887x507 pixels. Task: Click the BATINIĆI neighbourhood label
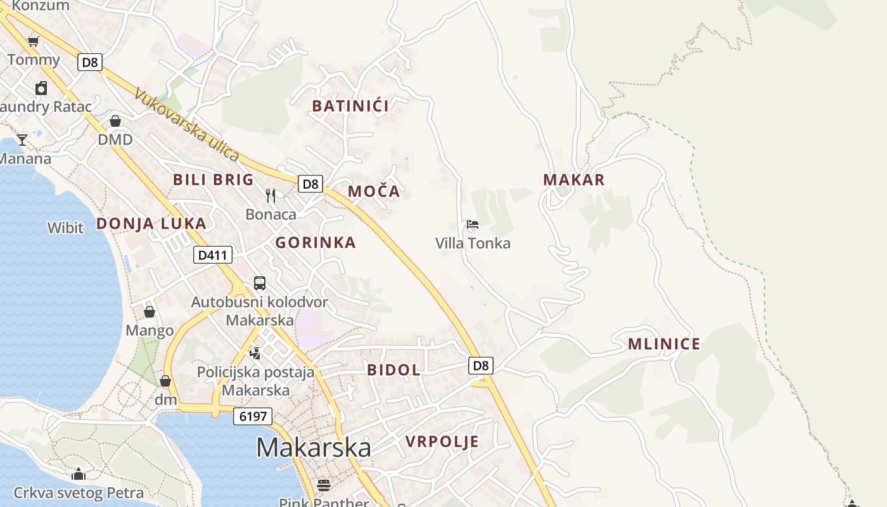click(x=350, y=106)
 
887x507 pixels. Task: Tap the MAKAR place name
click(x=574, y=180)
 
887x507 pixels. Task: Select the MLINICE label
click(x=664, y=344)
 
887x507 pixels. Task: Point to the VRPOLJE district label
click(x=442, y=442)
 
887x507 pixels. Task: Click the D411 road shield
click(x=213, y=255)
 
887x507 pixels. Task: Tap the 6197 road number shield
click(x=253, y=416)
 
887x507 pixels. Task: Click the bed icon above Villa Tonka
click(x=473, y=224)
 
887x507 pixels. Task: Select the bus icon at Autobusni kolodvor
click(x=260, y=283)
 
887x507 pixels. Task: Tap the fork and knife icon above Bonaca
click(x=271, y=195)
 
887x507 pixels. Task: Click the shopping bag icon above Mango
click(x=150, y=311)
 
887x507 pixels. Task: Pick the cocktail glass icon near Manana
click(x=22, y=139)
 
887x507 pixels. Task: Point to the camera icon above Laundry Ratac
click(x=41, y=87)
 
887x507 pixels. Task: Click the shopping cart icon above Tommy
click(x=33, y=42)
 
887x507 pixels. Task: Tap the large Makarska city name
click(x=314, y=447)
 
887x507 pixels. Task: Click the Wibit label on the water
click(x=65, y=227)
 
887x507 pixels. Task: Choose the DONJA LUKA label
click(x=151, y=223)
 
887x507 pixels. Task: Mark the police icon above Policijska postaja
click(x=255, y=353)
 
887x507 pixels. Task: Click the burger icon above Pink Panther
click(x=324, y=485)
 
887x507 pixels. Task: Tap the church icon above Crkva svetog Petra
click(x=79, y=474)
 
